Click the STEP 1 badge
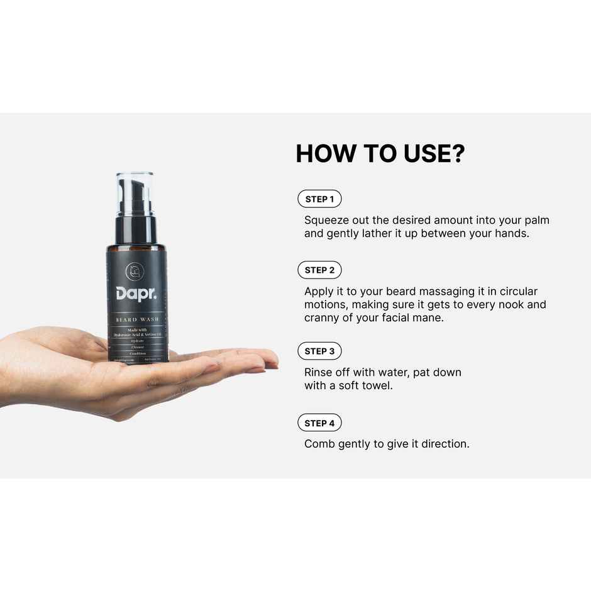(319, 199)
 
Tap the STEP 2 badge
(319, 270)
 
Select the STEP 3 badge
(319, 351)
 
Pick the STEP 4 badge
(319, 423)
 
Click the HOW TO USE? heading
(380, 154)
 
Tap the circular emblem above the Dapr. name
(135, 271)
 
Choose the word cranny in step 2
(323, 318)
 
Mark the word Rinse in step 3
(319, 372)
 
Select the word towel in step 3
(377, 385)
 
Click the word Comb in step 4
(319, 444)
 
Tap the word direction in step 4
(445, 444)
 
